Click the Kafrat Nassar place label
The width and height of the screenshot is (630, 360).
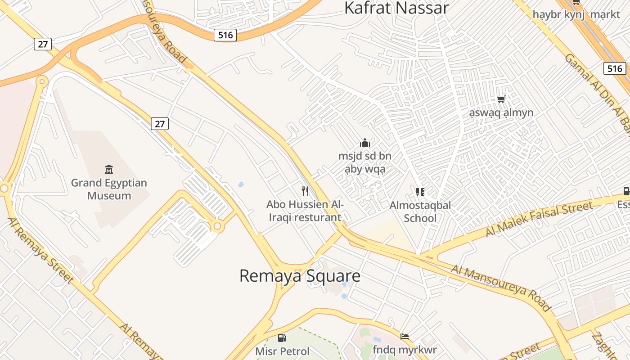396,8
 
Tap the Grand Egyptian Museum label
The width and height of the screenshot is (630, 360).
109,189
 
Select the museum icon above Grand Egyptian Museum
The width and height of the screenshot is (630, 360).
109,170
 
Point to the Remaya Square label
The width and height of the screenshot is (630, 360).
300,276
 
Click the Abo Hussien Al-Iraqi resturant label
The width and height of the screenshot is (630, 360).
305,211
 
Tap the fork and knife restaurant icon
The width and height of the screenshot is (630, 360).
305,191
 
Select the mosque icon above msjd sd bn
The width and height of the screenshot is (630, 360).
365,143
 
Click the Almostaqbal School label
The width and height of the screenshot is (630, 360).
420,212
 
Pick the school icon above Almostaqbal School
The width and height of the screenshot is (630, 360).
420,193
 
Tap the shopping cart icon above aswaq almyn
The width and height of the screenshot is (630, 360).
501,99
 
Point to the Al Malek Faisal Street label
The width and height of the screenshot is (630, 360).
539,219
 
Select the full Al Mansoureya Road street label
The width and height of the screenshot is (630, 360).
501,288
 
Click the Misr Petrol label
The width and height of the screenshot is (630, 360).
283,351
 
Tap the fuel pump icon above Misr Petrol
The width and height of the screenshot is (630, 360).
282,337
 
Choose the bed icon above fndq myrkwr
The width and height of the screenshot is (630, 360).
405,336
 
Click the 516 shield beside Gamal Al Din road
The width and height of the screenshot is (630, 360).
615,68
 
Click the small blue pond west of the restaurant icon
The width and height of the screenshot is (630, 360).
241,184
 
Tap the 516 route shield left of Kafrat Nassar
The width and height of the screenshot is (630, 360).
225,35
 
